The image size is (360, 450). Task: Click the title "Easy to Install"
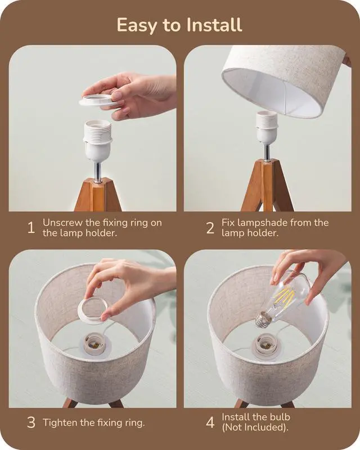tap(179, 25)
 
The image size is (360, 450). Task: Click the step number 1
tap(31, 228)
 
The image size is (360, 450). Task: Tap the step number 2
tap(210, 228)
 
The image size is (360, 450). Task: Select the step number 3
tap(31, 422)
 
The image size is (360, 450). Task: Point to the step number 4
tap(210, 422)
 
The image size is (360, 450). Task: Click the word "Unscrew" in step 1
tap(62, 223)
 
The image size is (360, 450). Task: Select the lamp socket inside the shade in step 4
tap(265, 345)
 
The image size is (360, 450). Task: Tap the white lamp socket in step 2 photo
tap(267, 128)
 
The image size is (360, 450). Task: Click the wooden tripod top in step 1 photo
tap(98, 194)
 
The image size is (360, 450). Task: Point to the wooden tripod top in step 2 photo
tap(268, 186)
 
